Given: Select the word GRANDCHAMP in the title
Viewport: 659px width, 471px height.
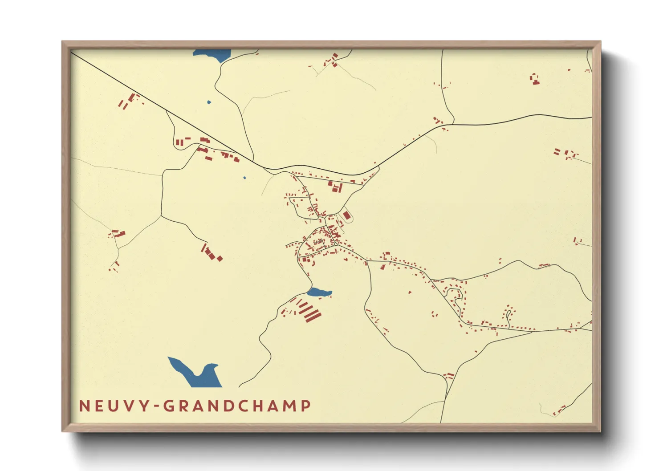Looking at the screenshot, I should click(237, 406).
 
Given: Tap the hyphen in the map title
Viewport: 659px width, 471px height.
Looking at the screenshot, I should click(156, 406).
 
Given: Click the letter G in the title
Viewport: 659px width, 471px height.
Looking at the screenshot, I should click(168, 406).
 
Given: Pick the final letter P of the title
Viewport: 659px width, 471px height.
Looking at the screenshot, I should click(306, 406).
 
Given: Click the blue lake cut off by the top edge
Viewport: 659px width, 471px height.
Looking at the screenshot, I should click(212, 55).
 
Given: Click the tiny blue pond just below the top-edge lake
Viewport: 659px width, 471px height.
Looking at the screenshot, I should click(209, 102).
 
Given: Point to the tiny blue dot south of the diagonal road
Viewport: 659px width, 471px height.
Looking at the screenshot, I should click(244, 178).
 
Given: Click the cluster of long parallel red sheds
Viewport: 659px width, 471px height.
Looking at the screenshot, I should click(309, 311).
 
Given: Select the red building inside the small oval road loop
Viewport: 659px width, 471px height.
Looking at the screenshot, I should click(347, 215).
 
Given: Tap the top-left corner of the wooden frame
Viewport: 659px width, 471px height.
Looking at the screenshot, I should click(62, 42).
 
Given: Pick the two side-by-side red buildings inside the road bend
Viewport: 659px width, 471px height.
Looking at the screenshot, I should click(179, 142).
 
